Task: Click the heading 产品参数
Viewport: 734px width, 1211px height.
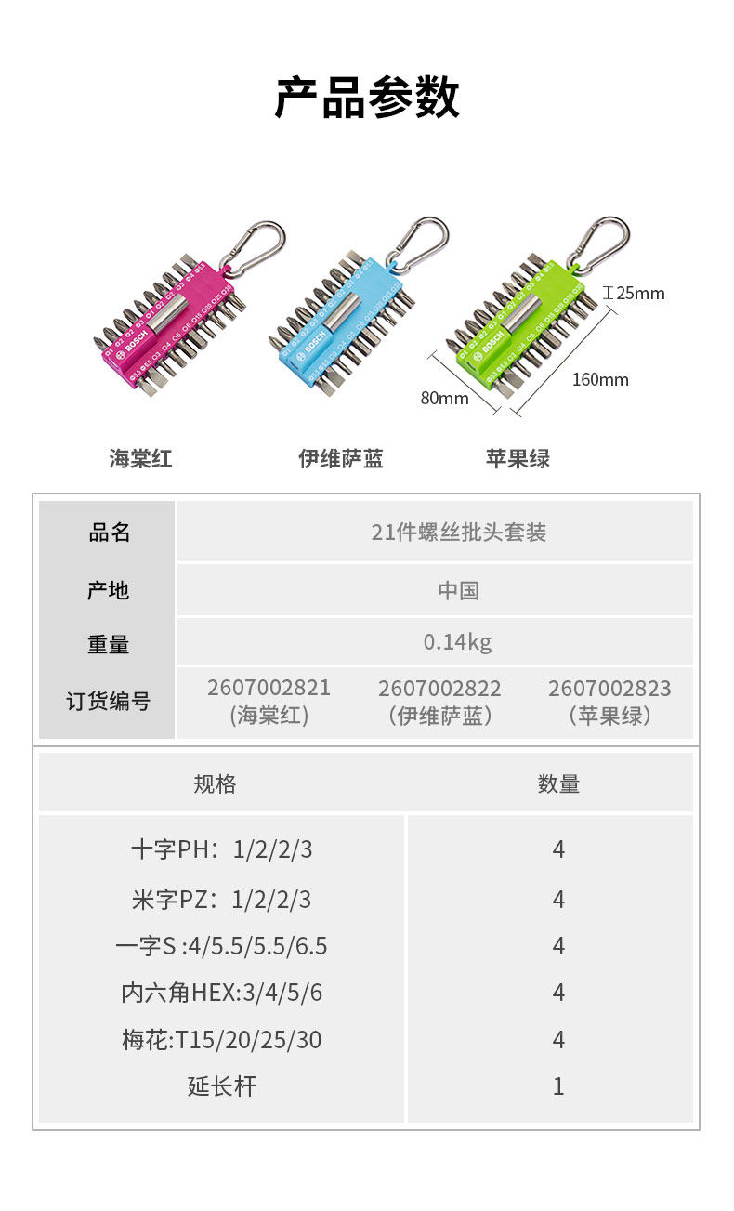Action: tap(367, 98)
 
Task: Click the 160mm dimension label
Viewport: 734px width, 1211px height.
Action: tap(600, 379)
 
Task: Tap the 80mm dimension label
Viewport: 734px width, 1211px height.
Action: tap(444, 398)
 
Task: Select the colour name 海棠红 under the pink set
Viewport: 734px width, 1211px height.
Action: tap(141, 458)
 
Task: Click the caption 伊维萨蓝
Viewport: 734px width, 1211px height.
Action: tap(341, 458)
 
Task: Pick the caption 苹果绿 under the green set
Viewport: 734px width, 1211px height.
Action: tap(518, 458)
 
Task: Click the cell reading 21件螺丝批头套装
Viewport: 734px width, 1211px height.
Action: tap(459, 533)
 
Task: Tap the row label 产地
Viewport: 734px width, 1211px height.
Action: tap(108, 590)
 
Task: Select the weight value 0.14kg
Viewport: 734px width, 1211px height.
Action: tap(457, 642)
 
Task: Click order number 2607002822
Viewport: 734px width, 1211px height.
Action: tap(439, 689)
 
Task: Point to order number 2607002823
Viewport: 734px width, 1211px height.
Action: tap(609, 689)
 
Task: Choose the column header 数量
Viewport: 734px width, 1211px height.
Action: tap(558, 784)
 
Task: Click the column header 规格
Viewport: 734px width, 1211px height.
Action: tap(215, 784)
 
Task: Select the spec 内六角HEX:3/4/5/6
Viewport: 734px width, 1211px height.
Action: tap(222, 993)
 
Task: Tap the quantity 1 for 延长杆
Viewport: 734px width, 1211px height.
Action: tap(558, 1086)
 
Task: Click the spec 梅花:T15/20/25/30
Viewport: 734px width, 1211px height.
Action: tap(222, 1040)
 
